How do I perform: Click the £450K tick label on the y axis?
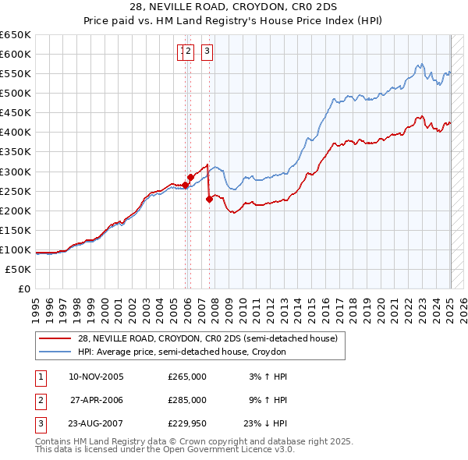[16, 113]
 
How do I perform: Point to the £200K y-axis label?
[16, 211]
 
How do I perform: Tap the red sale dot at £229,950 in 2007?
[209, 199]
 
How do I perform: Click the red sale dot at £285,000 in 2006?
[190, 177]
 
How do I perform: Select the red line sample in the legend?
[55, 338]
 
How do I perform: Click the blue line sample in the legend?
[55, 352]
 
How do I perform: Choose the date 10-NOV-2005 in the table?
[97, 377]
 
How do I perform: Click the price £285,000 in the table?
[187, 400]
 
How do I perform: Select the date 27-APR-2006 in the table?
[97, 400]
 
